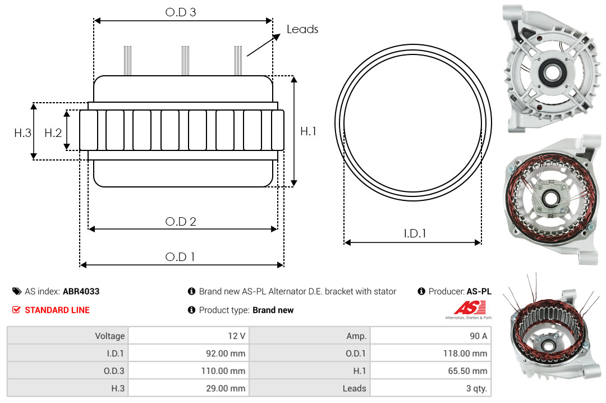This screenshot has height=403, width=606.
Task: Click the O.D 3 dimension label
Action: pyautogui.click(x=181, y=12)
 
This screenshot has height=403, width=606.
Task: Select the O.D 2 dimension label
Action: pyautogui.click(x=181, y=222)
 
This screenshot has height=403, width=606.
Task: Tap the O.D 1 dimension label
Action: pyautogui.click(x=180, y=257)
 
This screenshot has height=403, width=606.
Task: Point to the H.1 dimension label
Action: pyautogui.click(x=308, y=131)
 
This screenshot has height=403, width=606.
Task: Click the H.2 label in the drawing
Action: pyautogui.click(x=53, y=133)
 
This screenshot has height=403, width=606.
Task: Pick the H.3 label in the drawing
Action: pyautogui.click(x=23, y=133)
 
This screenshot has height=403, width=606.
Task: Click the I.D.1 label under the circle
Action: pyautogui.click(x=415, y=233)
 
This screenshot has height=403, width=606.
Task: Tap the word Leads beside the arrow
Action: pyautogui.click(x=302, y=29)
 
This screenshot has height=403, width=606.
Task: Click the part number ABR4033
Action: pyautogui.click(x=81, y=292)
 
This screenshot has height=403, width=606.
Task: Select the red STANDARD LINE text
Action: pyautogui.click(x=57, y=310)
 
